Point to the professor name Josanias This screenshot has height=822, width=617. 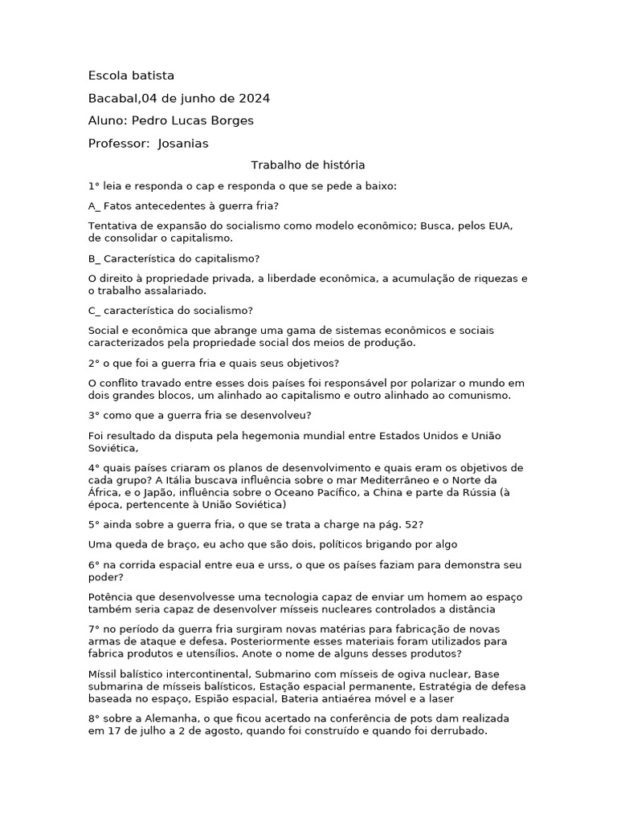tap(183, 143)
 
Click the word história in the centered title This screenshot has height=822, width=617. tap(341, 165)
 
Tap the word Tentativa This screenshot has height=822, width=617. tap(114, 226)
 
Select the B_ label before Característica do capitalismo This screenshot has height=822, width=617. tap(95, 258)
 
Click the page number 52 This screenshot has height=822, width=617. tap(411, 524)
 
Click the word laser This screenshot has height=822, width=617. tap(440, 698)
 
